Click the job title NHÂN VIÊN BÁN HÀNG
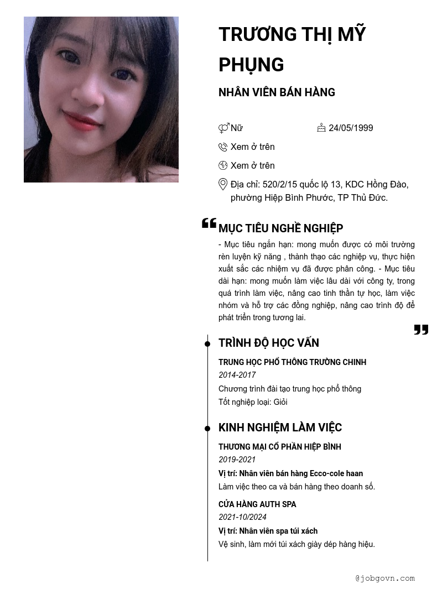tap(277, 92)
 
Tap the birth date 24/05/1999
tap(351, 128)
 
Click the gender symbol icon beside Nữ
tap(223, 128)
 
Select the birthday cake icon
tap(321, 128)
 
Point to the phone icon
tap(223, 147)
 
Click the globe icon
tap(223, 165)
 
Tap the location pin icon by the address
tap(223, 184)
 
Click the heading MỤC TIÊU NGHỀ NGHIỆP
tap(280, 228)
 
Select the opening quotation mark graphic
tap(209, 223)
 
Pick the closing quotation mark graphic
tap(421, 330)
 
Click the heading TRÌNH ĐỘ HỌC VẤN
tap(268, 343)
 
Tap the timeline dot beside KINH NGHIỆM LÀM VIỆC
tap(207, 429)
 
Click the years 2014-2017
tap(237, 375)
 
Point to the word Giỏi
tap(280, 402)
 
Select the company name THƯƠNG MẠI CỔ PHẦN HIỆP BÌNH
tap(279, 447)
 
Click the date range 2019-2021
tap(237, 460)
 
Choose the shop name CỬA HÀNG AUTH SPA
tap(257, 504)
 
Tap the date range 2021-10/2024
tap(242, 517)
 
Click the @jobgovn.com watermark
tap(385, 578)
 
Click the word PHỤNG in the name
tap(251, 65)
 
